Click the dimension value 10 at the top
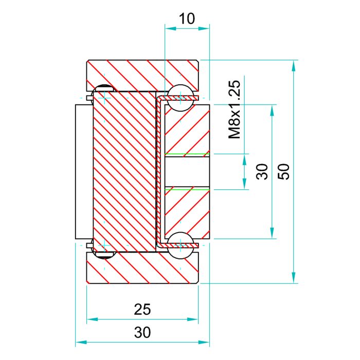pyautogui.click(x=187, y=19)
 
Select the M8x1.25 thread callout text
pyautogui.click(x=234, y=110)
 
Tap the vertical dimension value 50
pyautogui.click(x=284, y=171)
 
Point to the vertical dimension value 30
pyautogui.click(x=262, y=171)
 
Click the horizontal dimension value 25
pyautogui.click(x=142, y=309)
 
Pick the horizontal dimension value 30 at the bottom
pyautogui.click(x=142, y=332)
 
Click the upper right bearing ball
pyautogui.click(x=181, y=98)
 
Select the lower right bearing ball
pyautogui.click(x=181, y=245)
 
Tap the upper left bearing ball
pyautogui.click(x=104, y=92)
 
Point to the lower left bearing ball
pyautogui.click(x=104, y=252)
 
